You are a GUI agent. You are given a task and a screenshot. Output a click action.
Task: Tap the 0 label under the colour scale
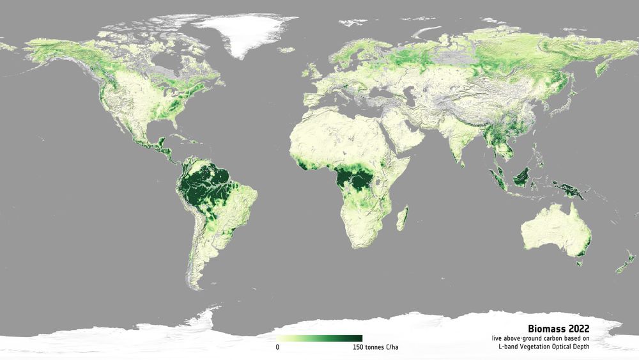[277, 347]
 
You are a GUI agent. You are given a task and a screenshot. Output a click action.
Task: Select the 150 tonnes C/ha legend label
[375, 347]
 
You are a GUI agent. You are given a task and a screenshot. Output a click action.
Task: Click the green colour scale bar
[319, 338]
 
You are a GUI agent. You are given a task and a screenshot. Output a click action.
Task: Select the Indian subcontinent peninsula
[457, 144]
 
